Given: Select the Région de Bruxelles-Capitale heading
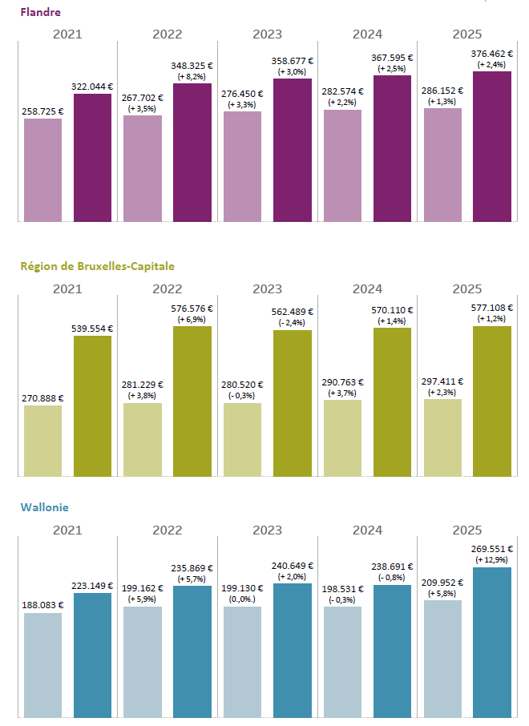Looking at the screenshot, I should point(97,266).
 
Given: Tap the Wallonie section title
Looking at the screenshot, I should point(44,507).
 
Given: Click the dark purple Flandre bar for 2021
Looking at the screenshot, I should point(92,157).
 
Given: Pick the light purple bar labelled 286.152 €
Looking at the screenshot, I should point(442,164).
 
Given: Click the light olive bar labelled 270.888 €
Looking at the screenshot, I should point(42,441).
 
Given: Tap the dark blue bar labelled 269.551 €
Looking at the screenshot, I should point(492,641).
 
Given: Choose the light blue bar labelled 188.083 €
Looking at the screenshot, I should point(42,664).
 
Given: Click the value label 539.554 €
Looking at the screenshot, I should point(92,328).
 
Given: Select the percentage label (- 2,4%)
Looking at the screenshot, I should point(293,322).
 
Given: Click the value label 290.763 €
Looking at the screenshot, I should point(342,382).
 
